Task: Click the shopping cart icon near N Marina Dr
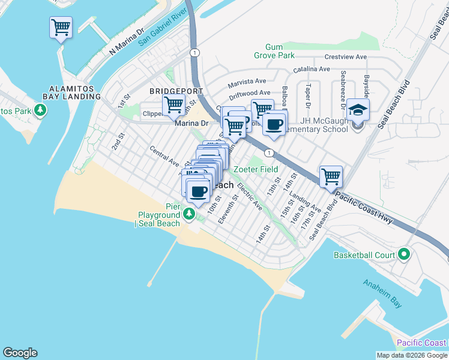click(x=61, y=27)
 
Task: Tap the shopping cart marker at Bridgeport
click(x=173, y=104)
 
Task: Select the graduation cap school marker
click(x=358, y=110)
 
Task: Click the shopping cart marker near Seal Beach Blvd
click(x=331, y=176)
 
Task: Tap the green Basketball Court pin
click(x=404, y=255)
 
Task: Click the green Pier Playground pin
click(x=189, y=214)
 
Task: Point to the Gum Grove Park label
click(x=282, y=51)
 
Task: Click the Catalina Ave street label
click(x=307, y=69)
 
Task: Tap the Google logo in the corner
click(x=20, y=353)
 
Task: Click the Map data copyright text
click(x=412, y=355)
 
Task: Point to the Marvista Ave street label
click(x=246, y=81)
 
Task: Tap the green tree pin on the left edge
click(x=40, y=110)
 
